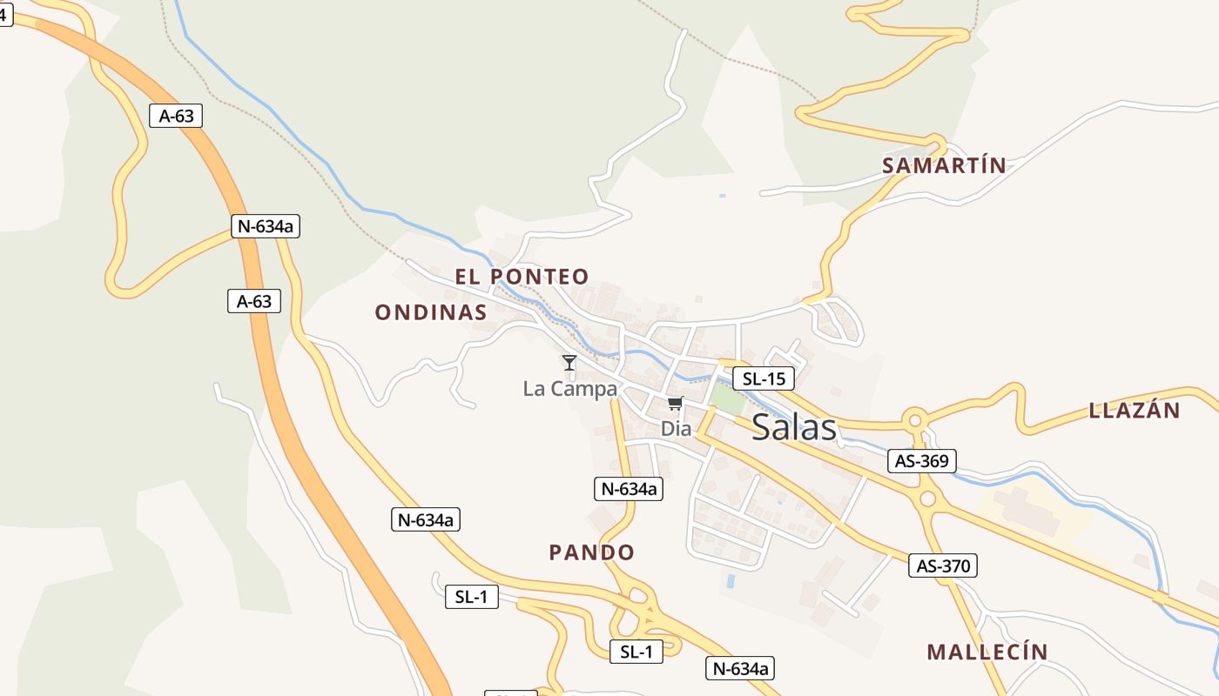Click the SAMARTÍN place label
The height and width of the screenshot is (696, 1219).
(944, 165)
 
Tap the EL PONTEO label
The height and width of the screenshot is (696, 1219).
(522, 277)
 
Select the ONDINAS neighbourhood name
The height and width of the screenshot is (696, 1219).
(430, 312)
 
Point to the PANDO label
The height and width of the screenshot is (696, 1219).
(591, 552)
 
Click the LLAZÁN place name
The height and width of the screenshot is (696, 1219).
(1134, 411)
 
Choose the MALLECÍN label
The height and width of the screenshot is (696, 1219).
(987, 652)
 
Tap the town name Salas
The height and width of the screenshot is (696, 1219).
(793, 427)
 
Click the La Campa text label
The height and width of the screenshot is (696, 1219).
(569, 389)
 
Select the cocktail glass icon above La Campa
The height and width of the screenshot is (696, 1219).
(569, 362)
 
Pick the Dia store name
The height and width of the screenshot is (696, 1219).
(676, 428)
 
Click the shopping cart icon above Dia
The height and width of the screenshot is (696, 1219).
(676, 404)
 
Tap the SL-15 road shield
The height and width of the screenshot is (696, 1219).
(763, 378)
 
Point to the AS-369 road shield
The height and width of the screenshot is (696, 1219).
(921, 460)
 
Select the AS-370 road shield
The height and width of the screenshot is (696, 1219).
(943, 565)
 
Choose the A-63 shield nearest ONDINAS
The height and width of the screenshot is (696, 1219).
(253, 302)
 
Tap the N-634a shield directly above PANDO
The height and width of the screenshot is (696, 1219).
(628, 489)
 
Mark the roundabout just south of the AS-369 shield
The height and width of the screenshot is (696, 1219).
(927, 499)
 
